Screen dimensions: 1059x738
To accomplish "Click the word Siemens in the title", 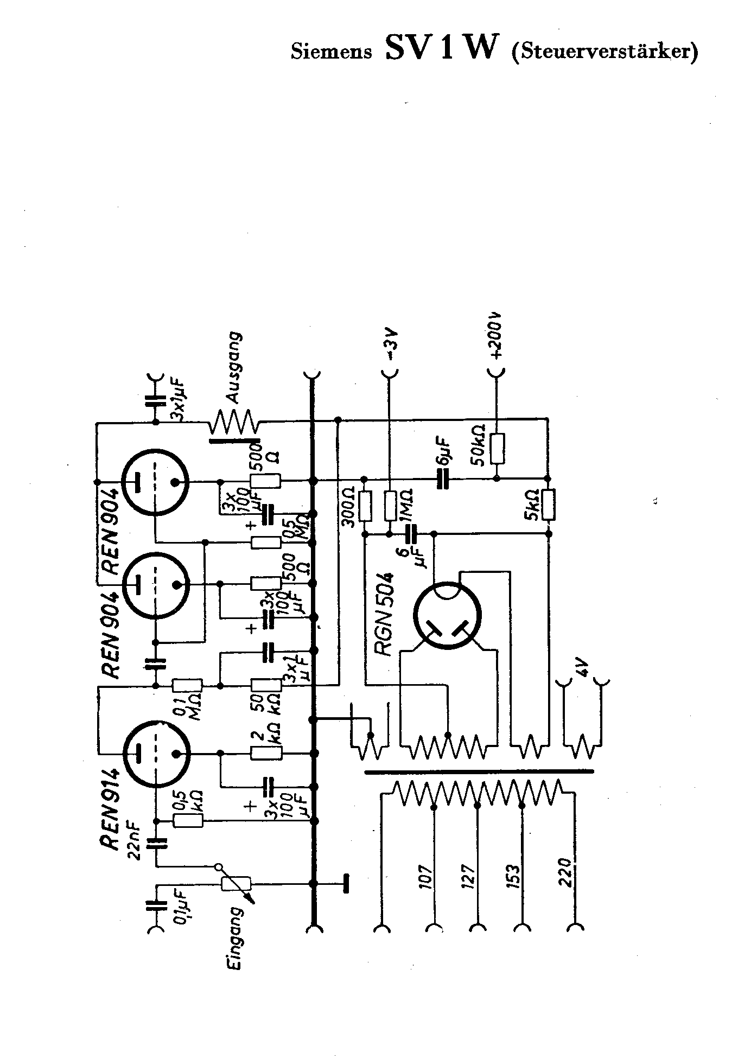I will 332,52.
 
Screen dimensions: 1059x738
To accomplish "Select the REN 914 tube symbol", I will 156,754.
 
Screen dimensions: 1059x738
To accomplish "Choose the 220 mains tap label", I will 567,872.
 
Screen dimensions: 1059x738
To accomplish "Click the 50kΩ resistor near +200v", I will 497,448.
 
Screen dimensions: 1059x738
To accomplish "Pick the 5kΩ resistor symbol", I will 549,504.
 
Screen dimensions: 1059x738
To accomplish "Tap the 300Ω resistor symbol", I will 365,506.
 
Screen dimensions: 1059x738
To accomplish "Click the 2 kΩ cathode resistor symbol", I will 266,753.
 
